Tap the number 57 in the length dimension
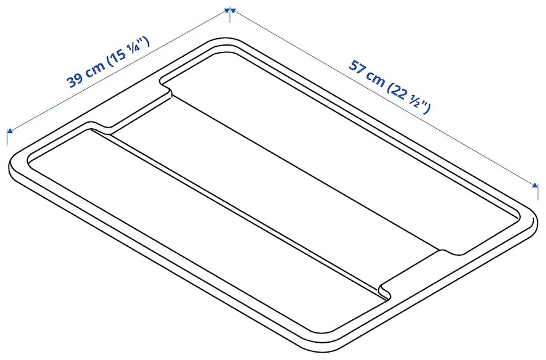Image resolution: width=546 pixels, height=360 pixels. tap(357, 67)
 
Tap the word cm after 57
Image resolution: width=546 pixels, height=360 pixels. tap(376, 79)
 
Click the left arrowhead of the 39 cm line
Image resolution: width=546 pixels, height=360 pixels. tap(10, 131)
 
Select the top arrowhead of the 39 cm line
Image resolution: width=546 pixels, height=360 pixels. tap(226, 10)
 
